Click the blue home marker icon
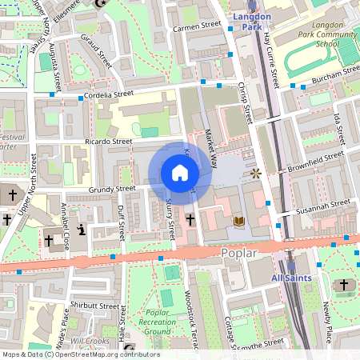click(180, 172)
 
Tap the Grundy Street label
click(112, 190)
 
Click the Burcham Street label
click(336, 77)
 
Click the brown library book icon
click(238, 219)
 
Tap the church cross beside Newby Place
click(344, 285)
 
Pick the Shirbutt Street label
click(94, 306)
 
